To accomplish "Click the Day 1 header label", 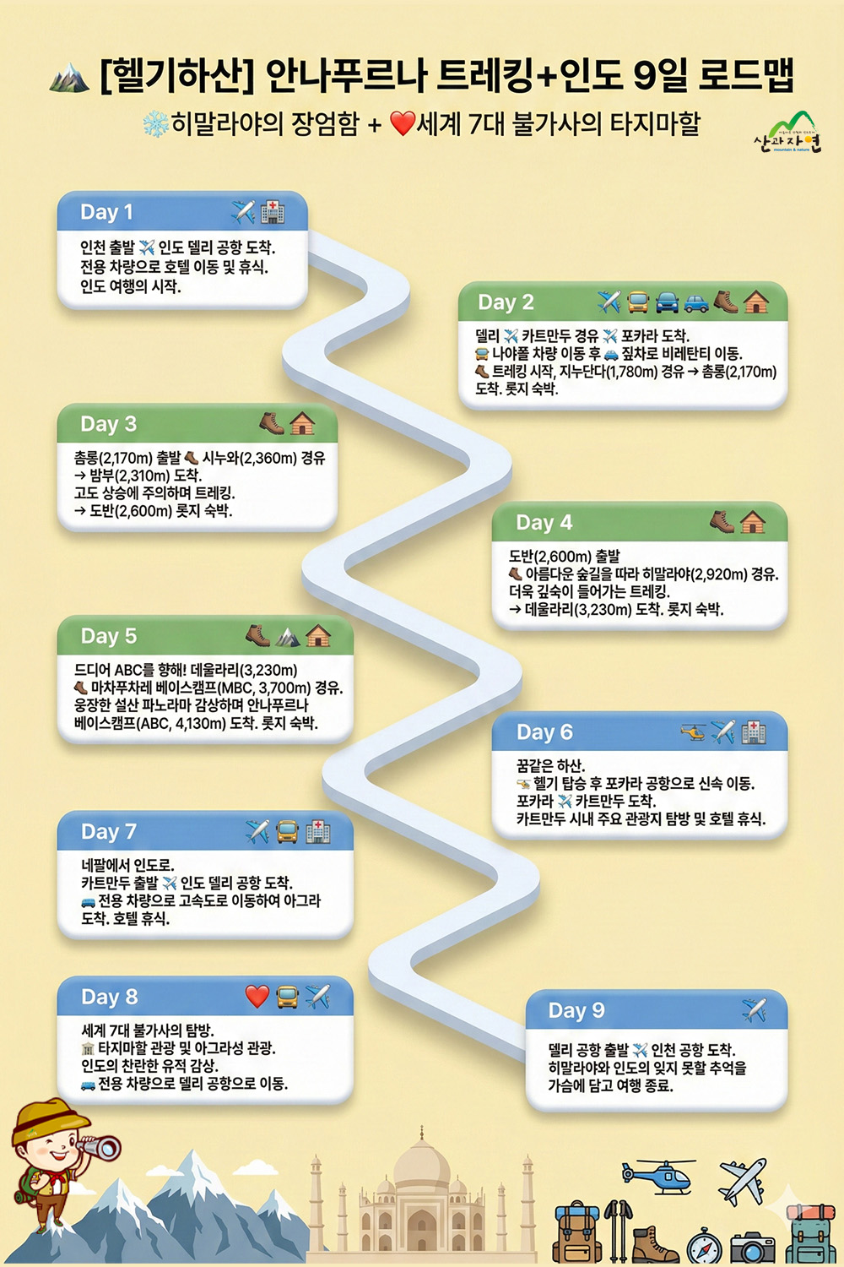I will click(x=106, y=212).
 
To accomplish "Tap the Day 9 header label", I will click(x=576, y=1010).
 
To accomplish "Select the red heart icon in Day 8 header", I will click(x=257, y=997).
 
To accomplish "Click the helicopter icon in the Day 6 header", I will click(x=694, y=732).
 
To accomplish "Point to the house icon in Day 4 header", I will click(x=753, y=523).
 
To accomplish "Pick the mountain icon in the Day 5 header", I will click(x=288, y=636).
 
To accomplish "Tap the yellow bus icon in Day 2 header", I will click(x=638, y=302).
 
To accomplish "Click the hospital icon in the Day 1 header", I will click(x=272, y=212).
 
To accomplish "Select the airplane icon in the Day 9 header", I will click(x=754, y=1009).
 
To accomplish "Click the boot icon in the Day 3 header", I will click(x=271, y=423).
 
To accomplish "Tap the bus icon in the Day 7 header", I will click(x=287, y=832).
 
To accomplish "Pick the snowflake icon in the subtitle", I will click(x=155, y=125).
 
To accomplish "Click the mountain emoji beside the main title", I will click(x=69, y=78).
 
